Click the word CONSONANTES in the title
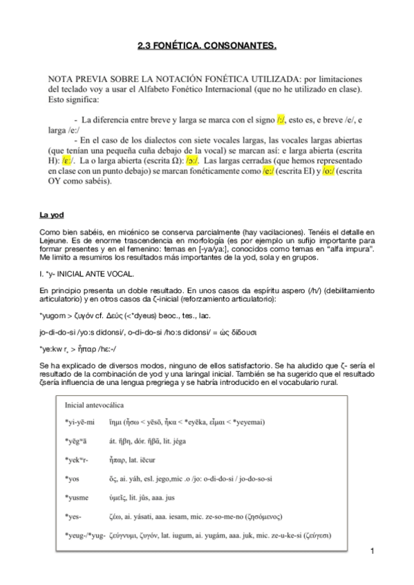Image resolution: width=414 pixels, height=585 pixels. pyautogui.click(x=243, y=46)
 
